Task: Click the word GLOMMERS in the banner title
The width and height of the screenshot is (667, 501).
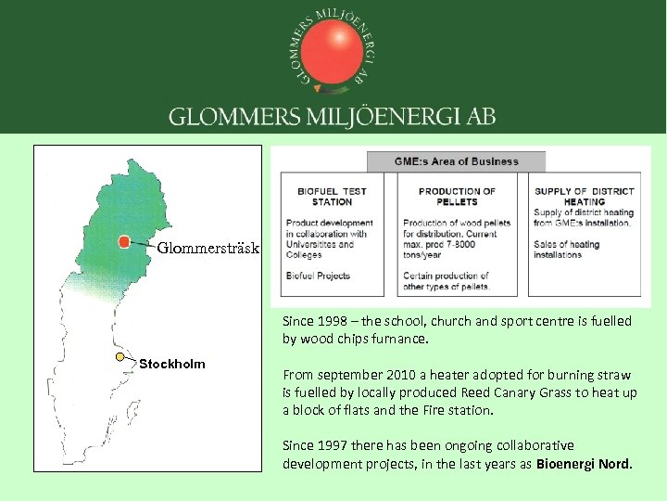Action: point(221,117)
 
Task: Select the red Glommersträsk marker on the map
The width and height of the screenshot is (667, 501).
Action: point(123,242)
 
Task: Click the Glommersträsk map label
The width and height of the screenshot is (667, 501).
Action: point(208,249)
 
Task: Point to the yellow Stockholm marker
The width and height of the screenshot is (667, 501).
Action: point(120,356)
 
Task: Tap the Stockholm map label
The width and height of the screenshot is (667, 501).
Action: point(172,364)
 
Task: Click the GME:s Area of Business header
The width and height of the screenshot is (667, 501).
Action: point(457,161)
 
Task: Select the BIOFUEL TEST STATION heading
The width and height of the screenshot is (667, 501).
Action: point(332,197)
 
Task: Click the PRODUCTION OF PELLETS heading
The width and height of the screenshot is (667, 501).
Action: point(457,197)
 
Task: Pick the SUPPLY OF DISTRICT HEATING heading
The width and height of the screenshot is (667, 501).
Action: point(585,197)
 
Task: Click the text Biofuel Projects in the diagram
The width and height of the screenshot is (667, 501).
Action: point(318,276)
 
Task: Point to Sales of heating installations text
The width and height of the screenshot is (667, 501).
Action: point(567,250)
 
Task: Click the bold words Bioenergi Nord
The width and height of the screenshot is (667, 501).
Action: point(585,463)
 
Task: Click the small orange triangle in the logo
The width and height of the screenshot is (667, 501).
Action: point(319,89)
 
